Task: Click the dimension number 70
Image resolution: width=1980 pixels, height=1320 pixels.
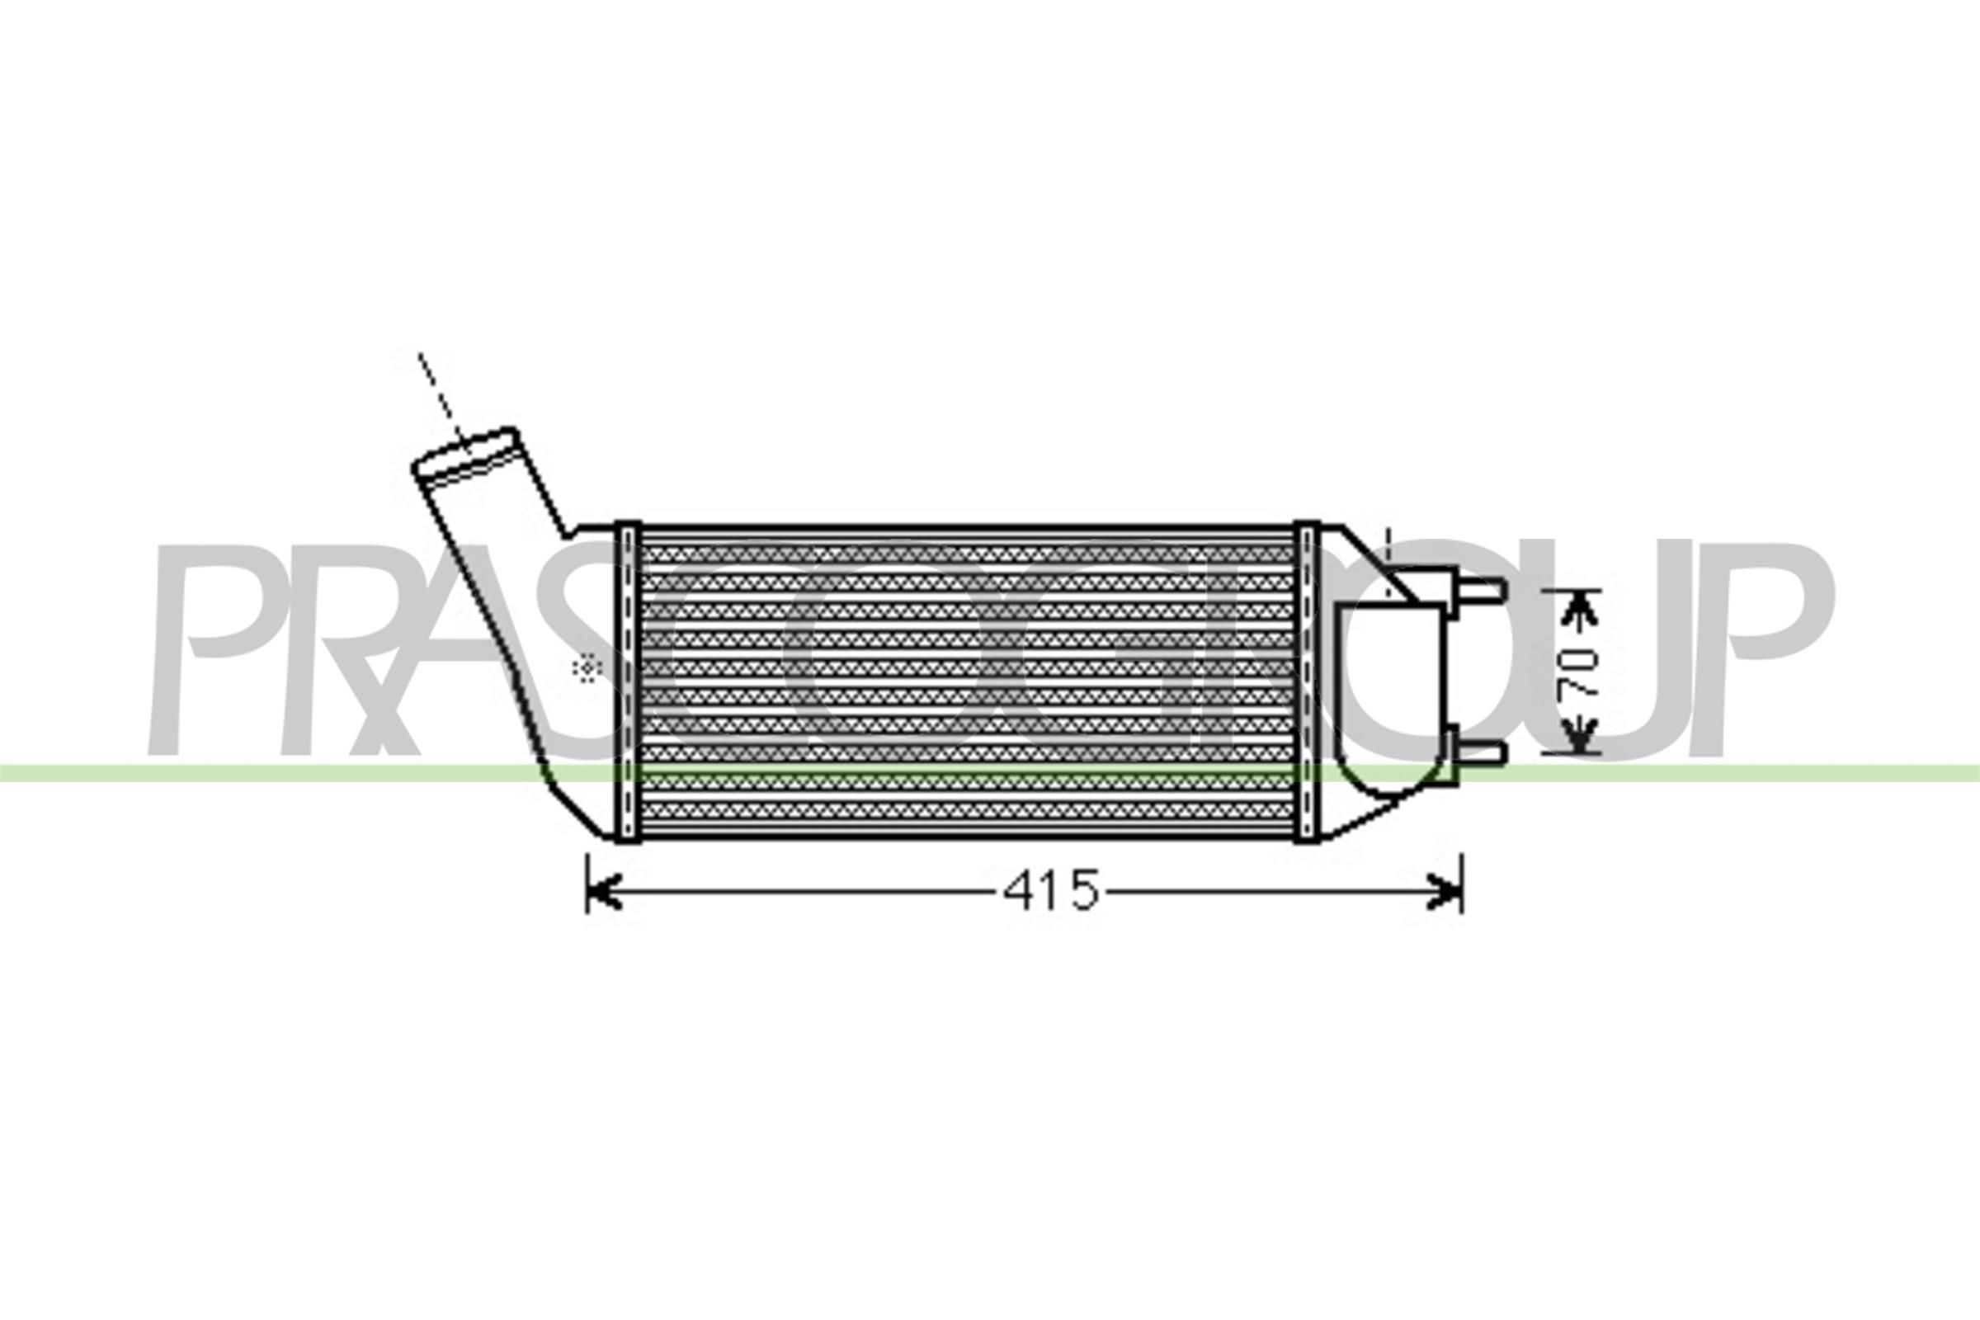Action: (x=1577, y=672)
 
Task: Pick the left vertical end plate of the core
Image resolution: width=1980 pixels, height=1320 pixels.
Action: (x=628, y=682)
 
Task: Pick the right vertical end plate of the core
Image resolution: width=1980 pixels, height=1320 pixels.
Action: (x=1306, y=682)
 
